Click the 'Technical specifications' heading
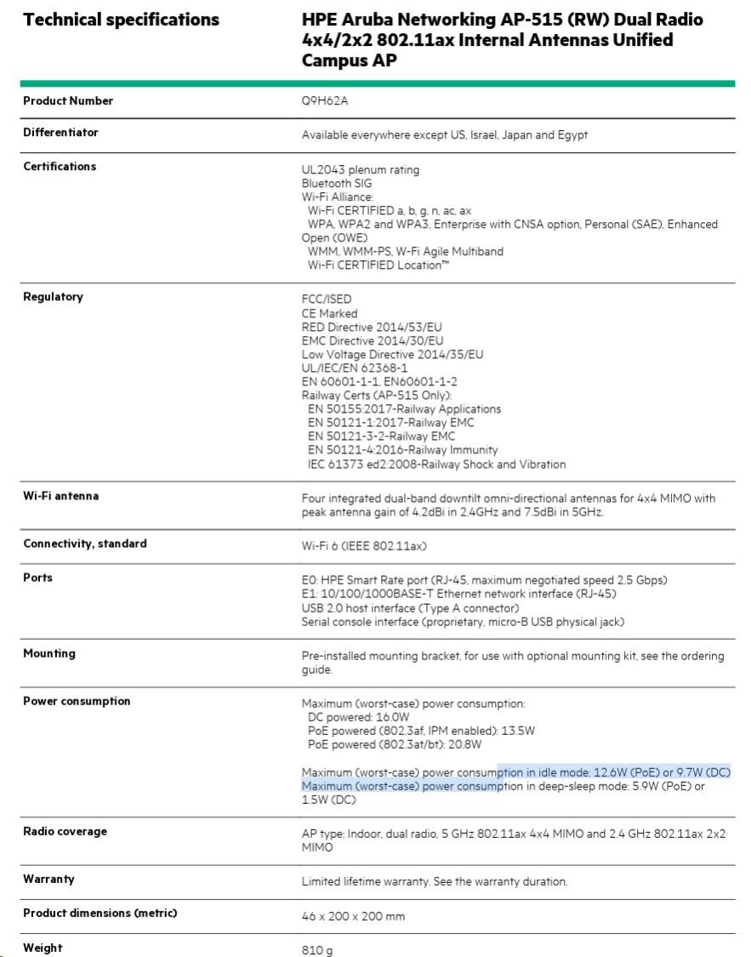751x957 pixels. [x=121, y=20]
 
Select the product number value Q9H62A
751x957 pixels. [x=326, y=101]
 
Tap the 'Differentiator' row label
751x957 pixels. [x=60, y=133]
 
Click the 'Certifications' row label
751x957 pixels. [x=60, y=167]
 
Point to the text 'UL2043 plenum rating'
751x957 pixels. [x=361, y=170]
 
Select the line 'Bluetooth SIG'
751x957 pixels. [x=337, y=184]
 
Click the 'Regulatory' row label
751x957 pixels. [x=53, y=297]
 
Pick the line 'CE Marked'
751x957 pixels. [x=330, y=313]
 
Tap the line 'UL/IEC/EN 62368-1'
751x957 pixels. [x=355, y=367]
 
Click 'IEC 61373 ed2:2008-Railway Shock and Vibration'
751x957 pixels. [x=436, y=464]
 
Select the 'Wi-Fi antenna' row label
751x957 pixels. [x=60, y=496]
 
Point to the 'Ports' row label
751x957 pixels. [x=37, y=578]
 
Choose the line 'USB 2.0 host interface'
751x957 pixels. [x=410, y=608]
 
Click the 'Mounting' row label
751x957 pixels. [x=49, y=653]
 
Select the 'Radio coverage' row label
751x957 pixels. [x=65, y=831]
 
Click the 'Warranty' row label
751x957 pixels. [x=48, y=879]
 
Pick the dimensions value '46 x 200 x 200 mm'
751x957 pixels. [x=354, y=916]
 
